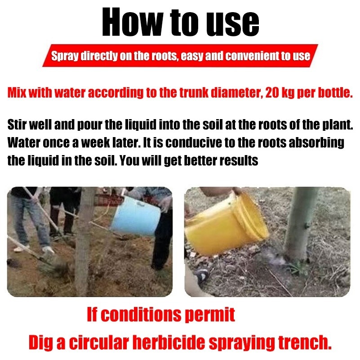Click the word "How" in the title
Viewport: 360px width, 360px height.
(133, 22)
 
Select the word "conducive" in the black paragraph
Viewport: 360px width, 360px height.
(194, 142)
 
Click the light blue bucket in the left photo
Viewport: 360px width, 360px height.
(136, 216)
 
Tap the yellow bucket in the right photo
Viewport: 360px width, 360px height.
(226, 223)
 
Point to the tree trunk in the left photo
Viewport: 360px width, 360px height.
(84, 241)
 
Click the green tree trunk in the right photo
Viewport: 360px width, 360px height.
(298, 225)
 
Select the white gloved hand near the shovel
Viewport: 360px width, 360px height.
(48, 250)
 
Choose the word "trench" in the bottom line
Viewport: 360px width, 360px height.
(305, 342)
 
